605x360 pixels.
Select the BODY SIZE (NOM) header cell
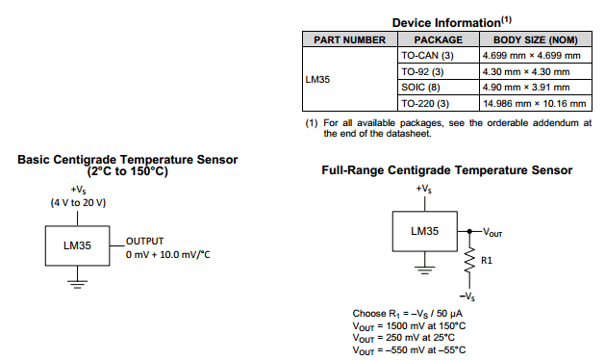point(535,40)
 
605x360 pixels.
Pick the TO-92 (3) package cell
point(422,71)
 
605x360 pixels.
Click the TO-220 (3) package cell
point(424,102)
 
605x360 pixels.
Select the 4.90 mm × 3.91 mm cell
point(525,87)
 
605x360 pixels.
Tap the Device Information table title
point(446,21)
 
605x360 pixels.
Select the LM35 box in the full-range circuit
point(424,232)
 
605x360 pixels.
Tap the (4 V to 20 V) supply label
point(78,203)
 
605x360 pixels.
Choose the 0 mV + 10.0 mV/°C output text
point(168,254)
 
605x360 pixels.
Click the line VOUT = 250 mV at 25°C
point(409,337)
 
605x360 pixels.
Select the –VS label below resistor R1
point(468,296)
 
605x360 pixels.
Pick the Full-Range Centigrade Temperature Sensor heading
point(446,170)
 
